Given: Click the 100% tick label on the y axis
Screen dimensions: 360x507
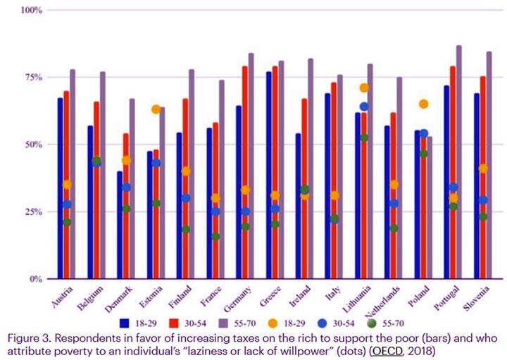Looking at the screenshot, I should (x=31, y=11).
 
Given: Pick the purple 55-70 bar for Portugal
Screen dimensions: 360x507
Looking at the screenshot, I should (x=459, y=162).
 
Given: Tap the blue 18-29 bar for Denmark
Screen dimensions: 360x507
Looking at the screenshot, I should (x=119, y=225).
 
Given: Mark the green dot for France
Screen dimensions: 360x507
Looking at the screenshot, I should (x=215, y=237).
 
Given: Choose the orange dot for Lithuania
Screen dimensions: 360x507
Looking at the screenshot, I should (x=364, y=88).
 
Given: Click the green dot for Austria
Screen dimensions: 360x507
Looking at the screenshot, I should (x=66, y=223).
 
